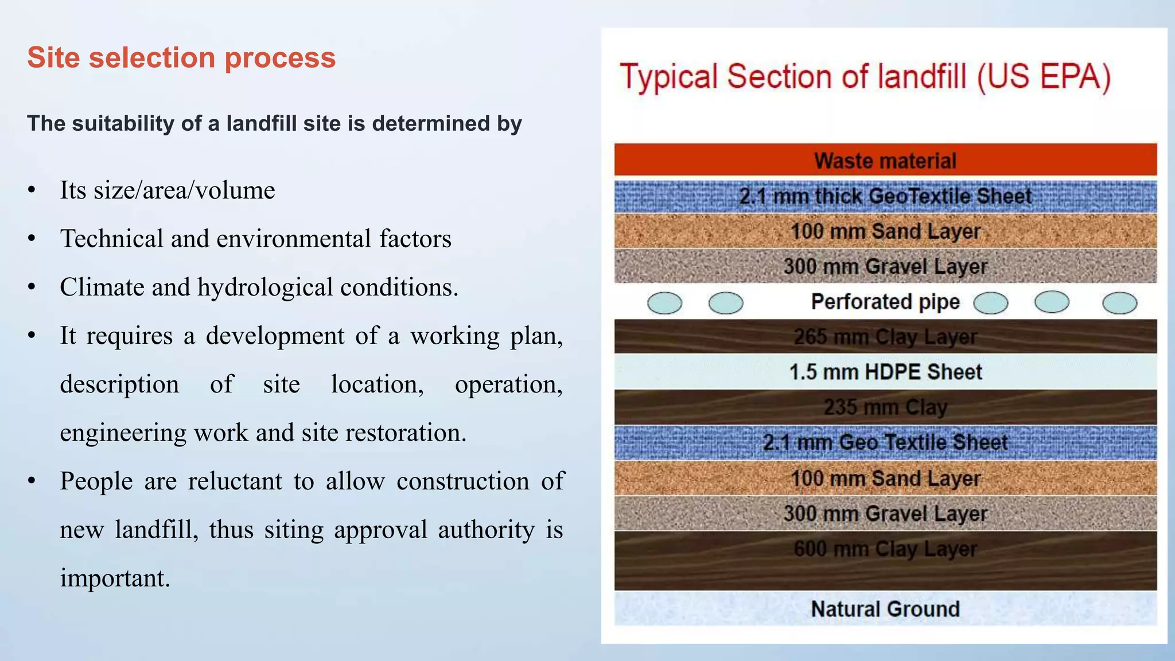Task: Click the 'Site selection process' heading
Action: pyautogui.click(x=181, y=58)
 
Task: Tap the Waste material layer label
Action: pyautogui.click(x=885, y=161)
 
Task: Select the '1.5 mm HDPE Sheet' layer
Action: pyautogui.click(x=885, y=372)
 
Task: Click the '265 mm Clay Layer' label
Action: pyautogui.click(x=885, y=337)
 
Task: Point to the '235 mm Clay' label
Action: pyautogui.click(x=885, y=407)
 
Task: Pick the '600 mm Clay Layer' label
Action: pyautogui.click(x=885, y=549)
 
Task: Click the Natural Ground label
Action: pyautogui.click(x=885, y=609)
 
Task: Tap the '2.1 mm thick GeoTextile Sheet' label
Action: pyautogui.click(x=885, y=196)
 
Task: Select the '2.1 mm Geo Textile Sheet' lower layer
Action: pyautogui.click(x=885, y=442)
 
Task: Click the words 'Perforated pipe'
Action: pyautogui.click(x=885, y=302)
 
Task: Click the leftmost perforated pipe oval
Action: pyautogui.click(x=664, y=303)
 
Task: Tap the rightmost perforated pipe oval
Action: pyautogui.click(x=1119, y=303)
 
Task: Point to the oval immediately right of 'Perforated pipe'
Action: pyautogui.click(x=990, y=303)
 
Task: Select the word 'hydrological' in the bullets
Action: pyautogui.click(x=265, y=287)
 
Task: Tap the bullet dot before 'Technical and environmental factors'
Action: pyautogui.click(x=32, y=239)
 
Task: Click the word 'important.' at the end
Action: pyautogui.click(x=115, y=578)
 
